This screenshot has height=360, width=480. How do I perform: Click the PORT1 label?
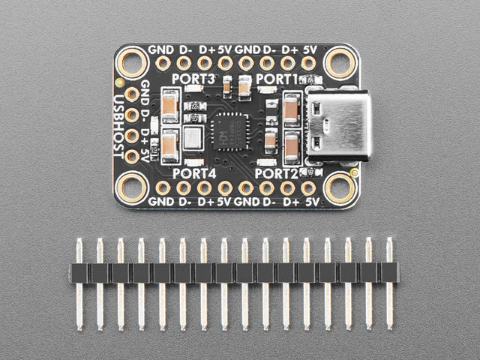[277, 79]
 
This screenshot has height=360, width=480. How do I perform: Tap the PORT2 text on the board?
[277, 172]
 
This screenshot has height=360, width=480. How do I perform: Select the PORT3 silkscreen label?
[193, 79]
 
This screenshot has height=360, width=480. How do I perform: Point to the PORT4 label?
[193, 173]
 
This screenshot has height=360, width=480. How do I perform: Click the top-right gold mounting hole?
[340, 61]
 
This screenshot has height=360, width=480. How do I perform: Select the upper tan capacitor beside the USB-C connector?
[292, 109]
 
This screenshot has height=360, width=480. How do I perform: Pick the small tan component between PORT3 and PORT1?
[246, 87]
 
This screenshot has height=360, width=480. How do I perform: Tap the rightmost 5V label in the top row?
[312, 49]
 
